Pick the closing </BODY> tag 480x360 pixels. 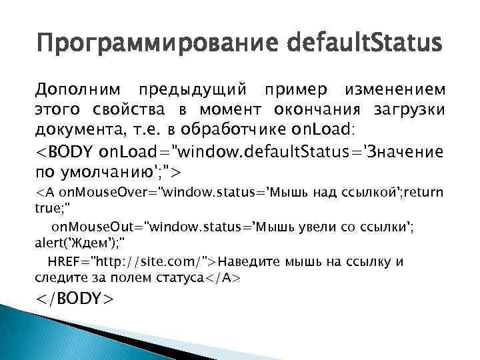point(75,297)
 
